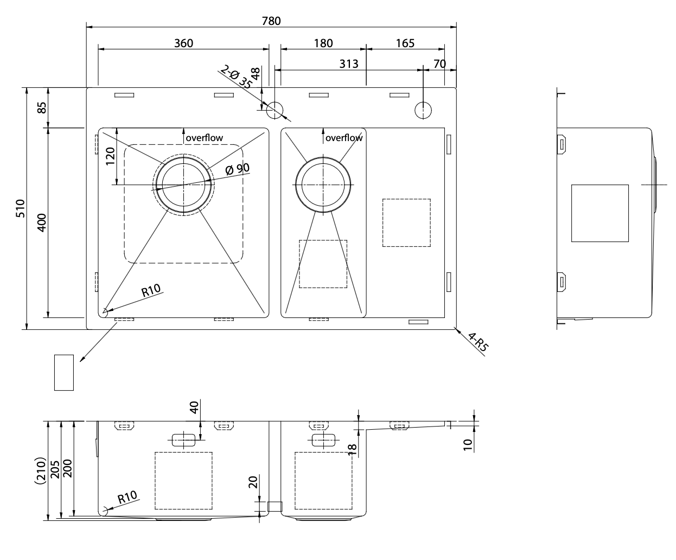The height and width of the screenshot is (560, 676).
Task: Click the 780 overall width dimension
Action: click(271, 21)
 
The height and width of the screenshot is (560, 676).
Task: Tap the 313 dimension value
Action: click(349, 63)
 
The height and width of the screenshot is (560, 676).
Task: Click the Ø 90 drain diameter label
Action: click(237, 169)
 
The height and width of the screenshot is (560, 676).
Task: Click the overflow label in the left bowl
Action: click(204, 138)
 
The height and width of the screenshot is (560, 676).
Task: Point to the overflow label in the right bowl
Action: click(344, 138)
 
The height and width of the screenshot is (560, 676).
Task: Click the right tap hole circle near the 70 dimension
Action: click(423, 110)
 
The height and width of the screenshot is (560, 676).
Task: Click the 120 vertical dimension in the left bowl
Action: click(111, 157)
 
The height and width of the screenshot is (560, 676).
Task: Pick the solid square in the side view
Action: click(600, 213)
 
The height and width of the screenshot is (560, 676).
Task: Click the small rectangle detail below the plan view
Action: click(64, 372)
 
